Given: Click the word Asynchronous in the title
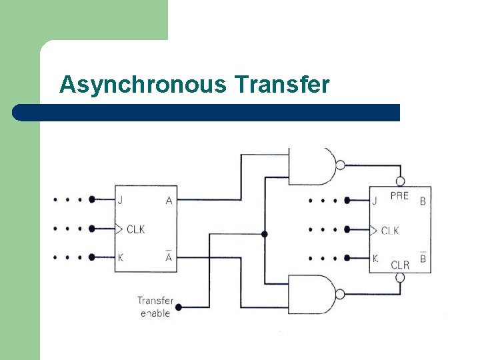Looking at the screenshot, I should [x=143, y=85].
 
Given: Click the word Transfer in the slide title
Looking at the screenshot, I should [x=282, y=85].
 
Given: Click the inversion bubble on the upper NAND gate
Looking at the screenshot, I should [x=341, y=166].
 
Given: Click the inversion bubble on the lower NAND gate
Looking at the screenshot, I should [x=341, y=294].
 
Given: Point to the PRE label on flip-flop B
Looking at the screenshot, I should [x=399, y=195].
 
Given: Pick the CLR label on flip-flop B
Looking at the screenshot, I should [x=400, y=265].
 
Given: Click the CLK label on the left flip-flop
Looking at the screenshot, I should [x=135, y=229].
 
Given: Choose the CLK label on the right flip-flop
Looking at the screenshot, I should [x=390, y=231].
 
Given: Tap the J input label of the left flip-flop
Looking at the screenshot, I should [x=121, y=199].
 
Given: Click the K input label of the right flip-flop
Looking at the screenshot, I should [x=376, y=259].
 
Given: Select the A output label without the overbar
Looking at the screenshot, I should [x=169, y=199].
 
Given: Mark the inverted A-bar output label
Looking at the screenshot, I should [x=169, y=257].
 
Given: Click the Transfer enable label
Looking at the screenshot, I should [x=154, y=307].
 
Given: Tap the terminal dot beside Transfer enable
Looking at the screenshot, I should [x=179, y=307].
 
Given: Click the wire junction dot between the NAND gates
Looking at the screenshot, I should [x=265, y=234].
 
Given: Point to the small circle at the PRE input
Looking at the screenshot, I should [x=401, y=181].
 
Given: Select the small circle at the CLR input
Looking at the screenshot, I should [x=401, y=277].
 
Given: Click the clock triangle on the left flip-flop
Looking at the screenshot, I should [x=119, y=229].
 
